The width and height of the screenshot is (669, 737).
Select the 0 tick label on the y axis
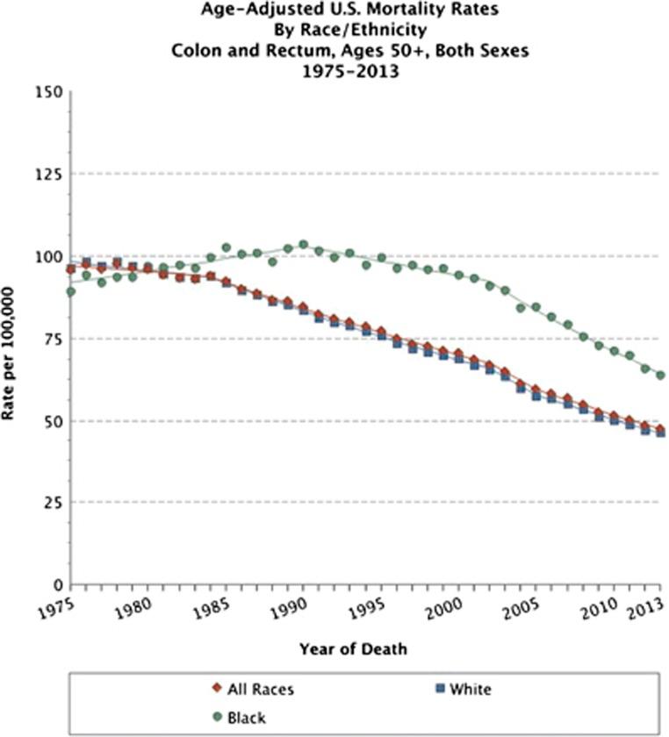coord(56,584)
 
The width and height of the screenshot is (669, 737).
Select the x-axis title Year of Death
coord(353,649)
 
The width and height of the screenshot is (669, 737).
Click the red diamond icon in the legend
coord(219,690)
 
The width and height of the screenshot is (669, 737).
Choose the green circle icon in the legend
coord(219,717)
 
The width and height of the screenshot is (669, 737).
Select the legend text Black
coord(248,717)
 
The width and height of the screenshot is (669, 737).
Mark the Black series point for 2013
coord(660,375)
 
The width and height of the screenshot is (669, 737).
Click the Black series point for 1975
coord(70,291)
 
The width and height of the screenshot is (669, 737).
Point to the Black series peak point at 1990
coord(304,245)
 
